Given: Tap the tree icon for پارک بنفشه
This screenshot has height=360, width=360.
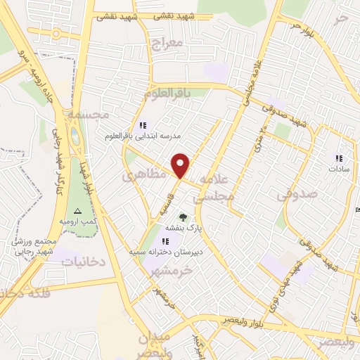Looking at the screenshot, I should point(184,217).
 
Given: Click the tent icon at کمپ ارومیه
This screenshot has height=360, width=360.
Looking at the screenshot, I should point(78,211).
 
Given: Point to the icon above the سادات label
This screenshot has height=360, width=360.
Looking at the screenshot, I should point(338,158).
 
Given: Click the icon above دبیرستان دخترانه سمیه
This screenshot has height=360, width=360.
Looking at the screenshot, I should point(165,241).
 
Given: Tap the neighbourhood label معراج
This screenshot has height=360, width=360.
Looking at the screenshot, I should point(167,44).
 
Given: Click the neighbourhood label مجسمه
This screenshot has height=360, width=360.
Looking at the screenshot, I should point(85,113).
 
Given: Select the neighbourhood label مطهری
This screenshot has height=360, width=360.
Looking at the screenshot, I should point(143,175).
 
